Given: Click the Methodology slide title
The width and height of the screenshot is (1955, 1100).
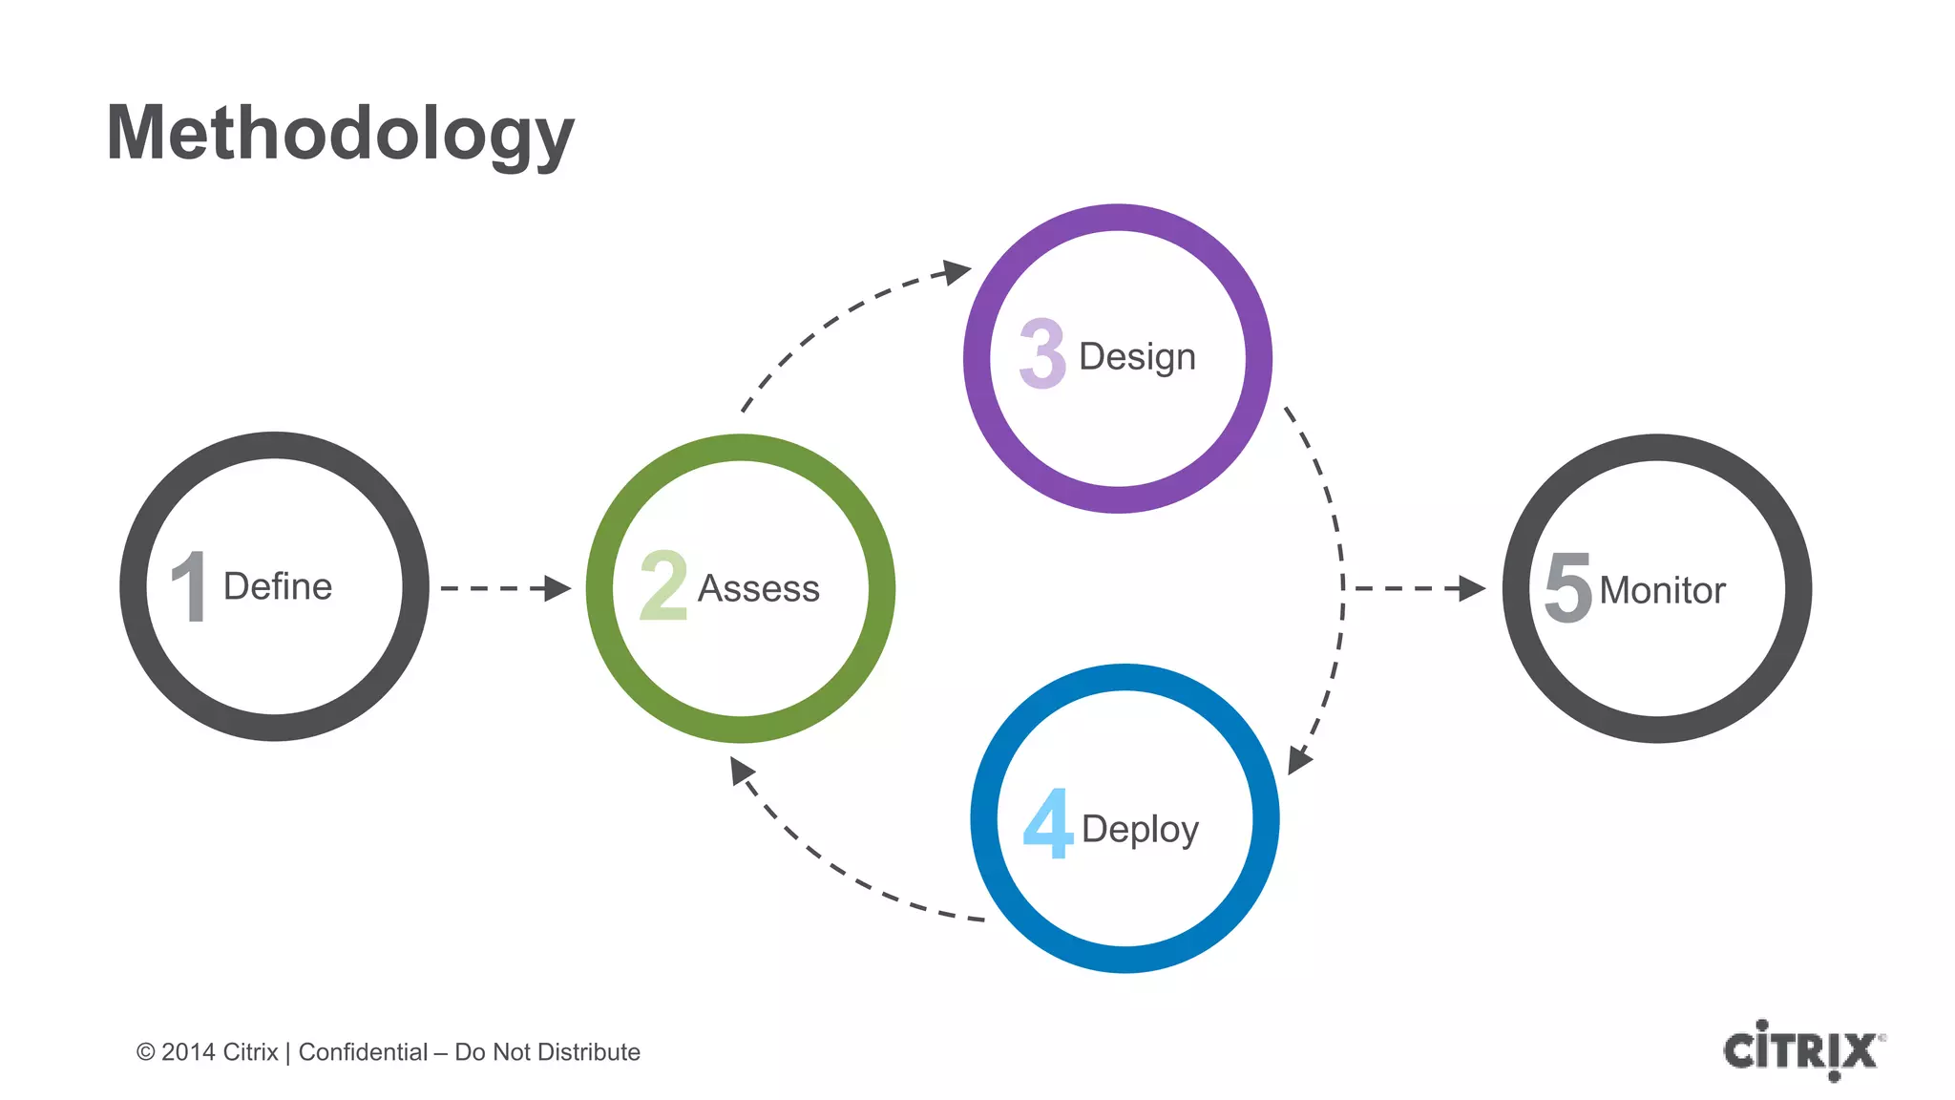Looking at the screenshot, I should [340, 134].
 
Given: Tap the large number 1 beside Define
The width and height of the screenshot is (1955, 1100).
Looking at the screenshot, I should [190, 586].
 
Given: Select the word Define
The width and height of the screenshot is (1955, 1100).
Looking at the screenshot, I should [278, 586].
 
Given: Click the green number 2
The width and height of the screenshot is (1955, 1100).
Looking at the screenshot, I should [663, 585].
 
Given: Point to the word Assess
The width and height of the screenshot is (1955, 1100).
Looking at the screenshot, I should [759, 589].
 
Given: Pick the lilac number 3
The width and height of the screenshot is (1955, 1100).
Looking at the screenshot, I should [1042, 354].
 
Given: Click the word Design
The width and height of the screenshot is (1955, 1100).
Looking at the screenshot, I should [1137, 357].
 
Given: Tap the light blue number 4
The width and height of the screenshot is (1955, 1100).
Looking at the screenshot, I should [1047, 823].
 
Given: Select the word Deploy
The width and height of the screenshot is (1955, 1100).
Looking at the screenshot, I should [1140, 829].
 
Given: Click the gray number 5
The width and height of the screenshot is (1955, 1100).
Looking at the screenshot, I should [1568, 587].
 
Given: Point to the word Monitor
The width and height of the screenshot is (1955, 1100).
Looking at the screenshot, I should [1662, 590].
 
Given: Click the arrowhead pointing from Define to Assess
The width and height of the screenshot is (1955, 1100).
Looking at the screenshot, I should [557, 588].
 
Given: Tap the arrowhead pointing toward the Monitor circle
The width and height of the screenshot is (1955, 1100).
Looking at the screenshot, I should [1472, 588].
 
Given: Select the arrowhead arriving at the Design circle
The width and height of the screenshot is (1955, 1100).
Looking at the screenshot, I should [956, 271].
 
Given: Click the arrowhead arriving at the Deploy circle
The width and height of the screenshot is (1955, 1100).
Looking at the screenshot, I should [1299, 760].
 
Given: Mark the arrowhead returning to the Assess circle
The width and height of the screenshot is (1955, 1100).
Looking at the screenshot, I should [741, 770].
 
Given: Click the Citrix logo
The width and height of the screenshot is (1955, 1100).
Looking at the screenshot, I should [1802, 1050].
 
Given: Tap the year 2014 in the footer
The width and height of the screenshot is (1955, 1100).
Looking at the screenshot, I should [188, 1052].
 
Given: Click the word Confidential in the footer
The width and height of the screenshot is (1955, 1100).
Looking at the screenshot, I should [363, 1052].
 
